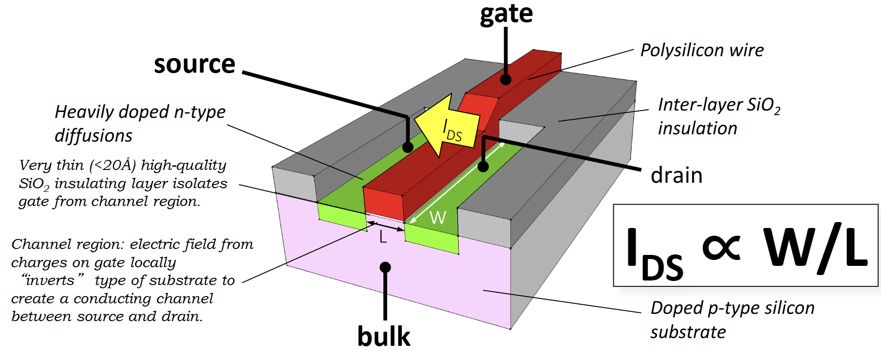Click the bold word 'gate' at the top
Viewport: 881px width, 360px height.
pyautogui.click(x=506, y=14)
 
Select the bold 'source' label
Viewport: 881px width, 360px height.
pyautogui.click(x=194, y=64)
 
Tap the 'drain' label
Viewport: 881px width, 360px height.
pyautogui.click(x=676, y=175)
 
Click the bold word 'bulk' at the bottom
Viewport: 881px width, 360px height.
pyautogui.click(x=383, y=337)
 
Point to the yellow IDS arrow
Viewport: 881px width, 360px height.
pyautogui.click(x=446, y=126)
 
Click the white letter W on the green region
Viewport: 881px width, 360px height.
pyautogui.click(x=438, y=217)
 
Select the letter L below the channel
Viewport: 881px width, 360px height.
pyautogui.click(x=383, y=237)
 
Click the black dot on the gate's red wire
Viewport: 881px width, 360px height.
pyautogui.click(x=505, y=79)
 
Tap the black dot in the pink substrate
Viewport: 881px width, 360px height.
pyautogui.click(x=385, y=267)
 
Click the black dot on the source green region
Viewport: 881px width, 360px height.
pyautogui.click(x=408, y=147)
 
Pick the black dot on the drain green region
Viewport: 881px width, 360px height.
pyautogui.click(x=483, y=166)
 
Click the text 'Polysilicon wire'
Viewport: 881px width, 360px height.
pyautogui.click(x=701, y=50)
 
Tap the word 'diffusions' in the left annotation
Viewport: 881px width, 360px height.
pyautogui.click(x=93, y=136)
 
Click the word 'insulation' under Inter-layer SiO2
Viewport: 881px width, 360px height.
pyautogui.click(x=697, y=129)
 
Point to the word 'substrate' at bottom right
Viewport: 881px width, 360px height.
pyautogui.click(x=688, y=332)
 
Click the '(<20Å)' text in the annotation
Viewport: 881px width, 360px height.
pyautogui.click(x=112, y=165)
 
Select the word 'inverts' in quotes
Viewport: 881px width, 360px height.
pyautogui.click(x=50, y=280)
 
